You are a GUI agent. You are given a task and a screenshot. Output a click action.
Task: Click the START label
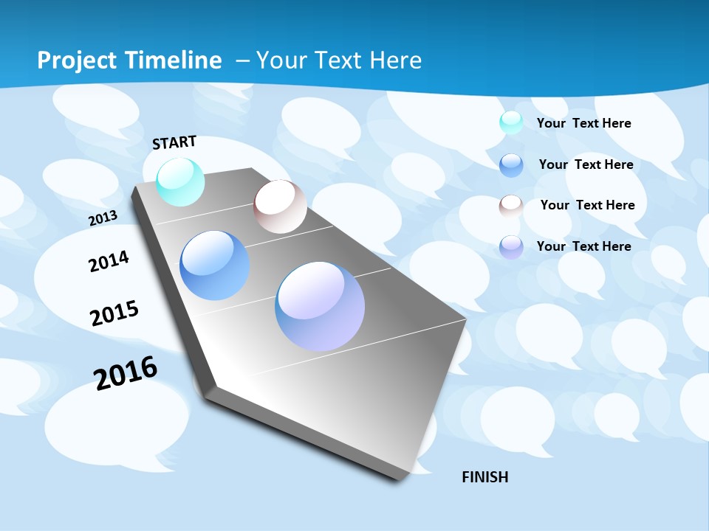coord(174,142)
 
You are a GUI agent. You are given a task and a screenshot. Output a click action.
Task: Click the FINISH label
coord(484,477)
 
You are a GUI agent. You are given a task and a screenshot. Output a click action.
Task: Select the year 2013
coord(103,218)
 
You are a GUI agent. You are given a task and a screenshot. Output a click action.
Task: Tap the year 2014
coord(109,261)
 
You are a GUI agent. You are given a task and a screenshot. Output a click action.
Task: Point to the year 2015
coord(114,313)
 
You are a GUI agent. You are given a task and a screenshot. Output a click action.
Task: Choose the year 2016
coord(126,372)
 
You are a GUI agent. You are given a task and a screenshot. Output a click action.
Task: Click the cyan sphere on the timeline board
coord(180,181)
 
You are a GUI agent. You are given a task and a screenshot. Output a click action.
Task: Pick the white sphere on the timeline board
coord(280,206)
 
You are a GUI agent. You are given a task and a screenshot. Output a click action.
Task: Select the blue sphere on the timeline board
coord(214,265)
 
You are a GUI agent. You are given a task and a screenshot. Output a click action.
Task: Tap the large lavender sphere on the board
coord(320,305)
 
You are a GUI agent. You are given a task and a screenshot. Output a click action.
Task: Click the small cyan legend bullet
coord(511,122)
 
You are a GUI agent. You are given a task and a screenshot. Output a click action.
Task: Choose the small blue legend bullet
coord(511,165)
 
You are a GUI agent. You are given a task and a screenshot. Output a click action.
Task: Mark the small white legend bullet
coord(511,206)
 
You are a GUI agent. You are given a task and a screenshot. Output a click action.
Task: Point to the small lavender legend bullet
coord(511,247)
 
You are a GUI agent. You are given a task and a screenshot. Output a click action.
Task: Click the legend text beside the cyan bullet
coord(583,123)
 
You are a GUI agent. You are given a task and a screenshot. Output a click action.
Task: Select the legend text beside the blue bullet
coord(586,164)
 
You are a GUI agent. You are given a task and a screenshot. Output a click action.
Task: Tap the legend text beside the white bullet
coord(587,205)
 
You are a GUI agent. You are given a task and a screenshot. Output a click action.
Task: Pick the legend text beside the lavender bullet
coord(583,246)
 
